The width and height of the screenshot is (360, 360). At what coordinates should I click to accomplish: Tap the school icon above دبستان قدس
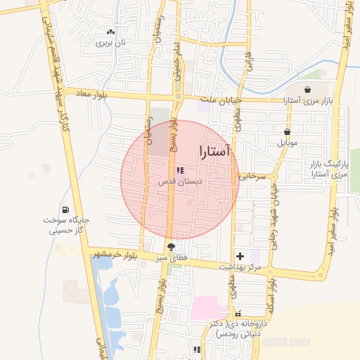click(179, 170)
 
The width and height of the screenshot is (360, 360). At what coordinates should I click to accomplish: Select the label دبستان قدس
click(179, 181)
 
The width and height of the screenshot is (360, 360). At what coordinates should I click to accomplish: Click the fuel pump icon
click(65, 209)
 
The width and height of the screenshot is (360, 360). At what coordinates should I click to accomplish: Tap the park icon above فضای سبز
click(171, 247)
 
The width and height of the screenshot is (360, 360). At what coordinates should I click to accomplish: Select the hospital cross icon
click(240, 257)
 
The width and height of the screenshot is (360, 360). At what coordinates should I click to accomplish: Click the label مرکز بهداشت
click(259, 267)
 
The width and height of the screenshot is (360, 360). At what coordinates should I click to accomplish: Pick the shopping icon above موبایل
click(288, 131)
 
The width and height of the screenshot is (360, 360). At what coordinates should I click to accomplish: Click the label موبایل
click(288, 143)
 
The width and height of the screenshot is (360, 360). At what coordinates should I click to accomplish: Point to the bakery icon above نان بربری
click(110, 32)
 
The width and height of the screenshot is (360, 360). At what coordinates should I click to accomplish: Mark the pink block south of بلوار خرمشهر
click(205, 308)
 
